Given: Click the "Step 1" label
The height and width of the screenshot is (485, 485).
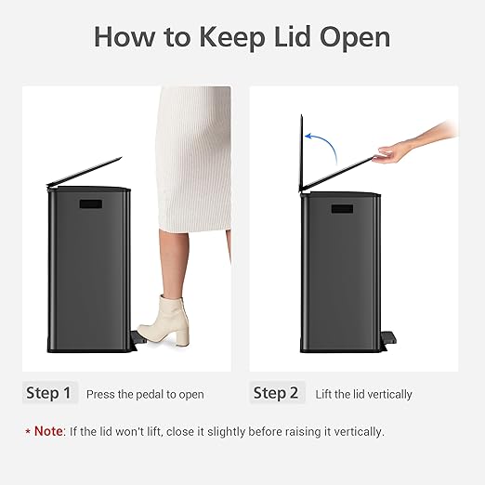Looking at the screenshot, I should pyautogui.click(x=48, y=393).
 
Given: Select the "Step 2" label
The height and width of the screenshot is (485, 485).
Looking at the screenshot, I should pyautogui.click(x=276, y=393).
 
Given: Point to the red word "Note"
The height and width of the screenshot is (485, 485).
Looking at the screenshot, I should pyautogui.click(x=48, y=431).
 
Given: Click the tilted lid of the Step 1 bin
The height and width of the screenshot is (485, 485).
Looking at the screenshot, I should pyautogui.click(x=85, y=174).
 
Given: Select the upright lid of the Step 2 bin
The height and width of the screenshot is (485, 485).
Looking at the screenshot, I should pyautogui.click(x=302, y=153).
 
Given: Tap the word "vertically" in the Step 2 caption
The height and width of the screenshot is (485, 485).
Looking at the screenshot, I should pyautogui.click(x=389, y=395).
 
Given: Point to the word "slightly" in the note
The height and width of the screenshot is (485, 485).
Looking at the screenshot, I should pyautogui.click(x=243, y=432).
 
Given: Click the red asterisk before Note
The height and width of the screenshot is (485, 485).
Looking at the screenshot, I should pyautogui.click(x=27, y=432).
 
